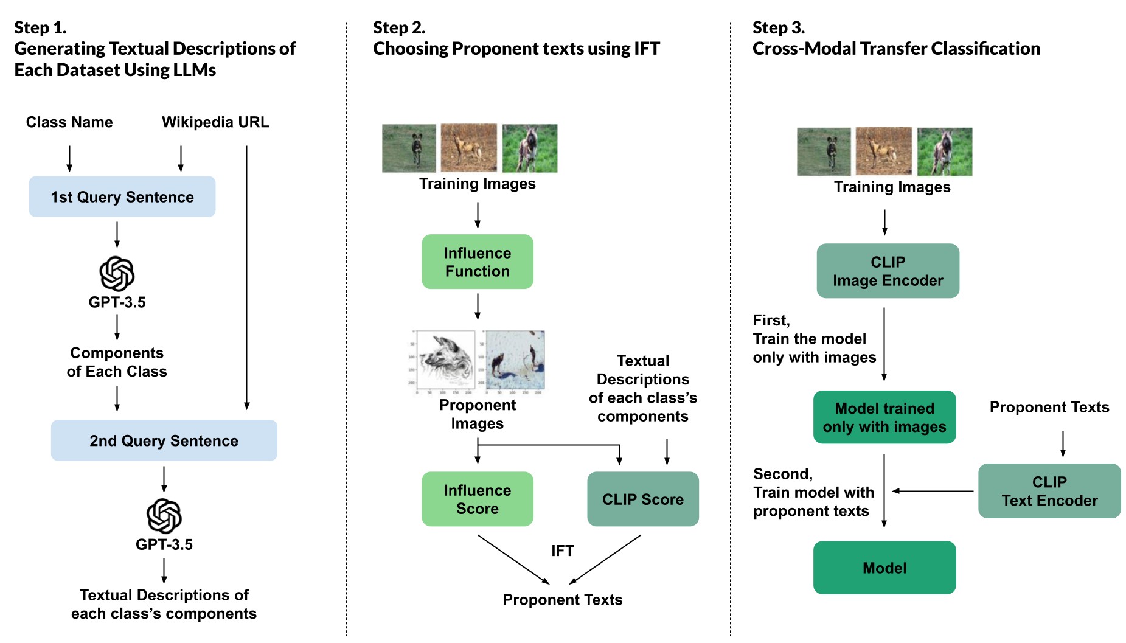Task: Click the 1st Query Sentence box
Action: click(x=122, y=196)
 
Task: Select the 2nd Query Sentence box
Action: click(x=164, y=440)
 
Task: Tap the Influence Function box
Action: click(x=478, y=262)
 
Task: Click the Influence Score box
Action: click(x=478, y=499)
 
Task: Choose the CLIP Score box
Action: click(x=643, y=499)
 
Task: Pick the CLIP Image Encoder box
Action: click(x=888, y=271)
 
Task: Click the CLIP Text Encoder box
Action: click(x=1049, y=491)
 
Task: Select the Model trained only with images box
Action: click(x=884, y=417)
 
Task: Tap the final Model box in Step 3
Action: click(x=884, y=568)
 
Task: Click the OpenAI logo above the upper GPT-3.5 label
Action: click(x=117, y=274)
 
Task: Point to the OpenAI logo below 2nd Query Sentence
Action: click(x=164, y=516)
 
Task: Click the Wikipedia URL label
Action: click(x=215, y=122)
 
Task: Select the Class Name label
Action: click(x=69, y=122)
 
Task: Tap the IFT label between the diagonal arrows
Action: click(x=563, y=551)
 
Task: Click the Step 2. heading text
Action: click(x=399, y=28)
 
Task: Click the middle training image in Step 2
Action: click(x=468, y=148)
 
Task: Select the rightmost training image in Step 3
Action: click(x=945, y=151)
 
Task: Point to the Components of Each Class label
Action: click(x=117, y=362)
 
